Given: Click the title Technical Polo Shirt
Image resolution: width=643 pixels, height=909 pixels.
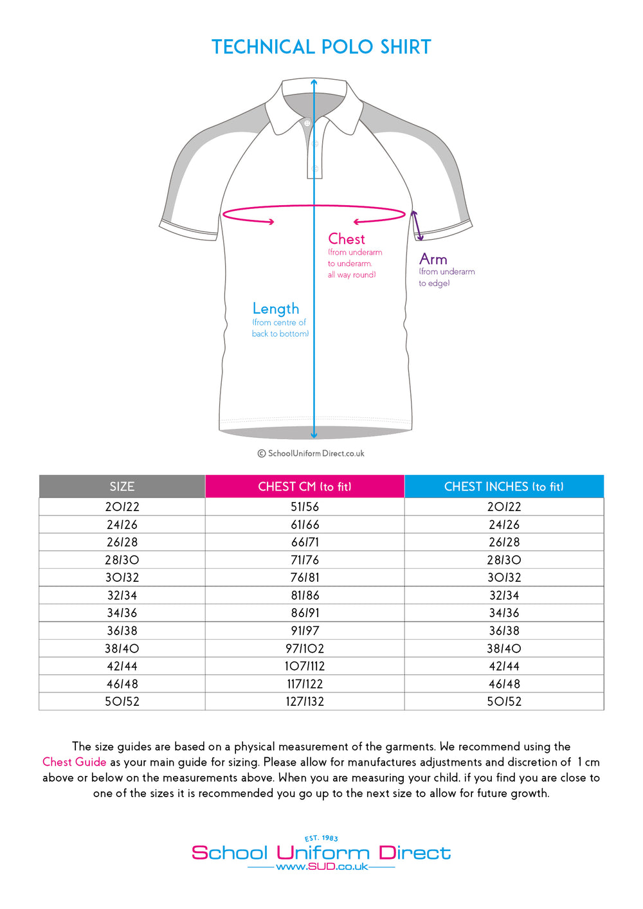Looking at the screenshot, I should (x=321, y=47).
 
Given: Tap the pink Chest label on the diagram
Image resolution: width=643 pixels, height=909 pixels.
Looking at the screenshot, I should (x=347, y=239).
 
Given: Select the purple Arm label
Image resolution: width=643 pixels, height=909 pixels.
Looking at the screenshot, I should (x=433, y=259).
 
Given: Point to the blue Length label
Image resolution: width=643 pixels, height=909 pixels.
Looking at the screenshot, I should (x=276, y=309).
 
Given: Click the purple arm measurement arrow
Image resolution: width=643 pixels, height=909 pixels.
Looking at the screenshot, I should (x=417, y=226).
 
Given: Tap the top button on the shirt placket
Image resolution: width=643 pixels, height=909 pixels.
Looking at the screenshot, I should (x=307, y=123).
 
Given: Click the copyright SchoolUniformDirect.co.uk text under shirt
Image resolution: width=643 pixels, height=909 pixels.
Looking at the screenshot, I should (x=311, y=453).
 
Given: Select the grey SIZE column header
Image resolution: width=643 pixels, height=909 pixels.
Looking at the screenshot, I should (x=122, y=487).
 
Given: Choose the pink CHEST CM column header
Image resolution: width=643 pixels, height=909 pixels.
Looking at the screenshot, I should (x=305, y=487).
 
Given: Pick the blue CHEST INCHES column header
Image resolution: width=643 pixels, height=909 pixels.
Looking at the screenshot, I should (x=504, y=487).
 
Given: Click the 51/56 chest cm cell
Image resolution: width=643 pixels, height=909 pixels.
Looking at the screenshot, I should (x=305, y=507).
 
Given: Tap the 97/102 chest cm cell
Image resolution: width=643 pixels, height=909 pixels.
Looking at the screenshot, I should (x=305, y=649).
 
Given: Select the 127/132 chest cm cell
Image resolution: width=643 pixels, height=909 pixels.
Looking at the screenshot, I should (x=305, y=701).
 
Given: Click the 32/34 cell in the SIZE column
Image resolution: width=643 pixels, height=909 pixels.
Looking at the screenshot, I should (x=122, y=595).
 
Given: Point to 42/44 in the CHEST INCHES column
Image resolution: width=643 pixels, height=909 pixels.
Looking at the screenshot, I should (x=504, y=666).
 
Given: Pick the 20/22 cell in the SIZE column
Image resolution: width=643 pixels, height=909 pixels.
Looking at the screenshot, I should (x=122, y=507).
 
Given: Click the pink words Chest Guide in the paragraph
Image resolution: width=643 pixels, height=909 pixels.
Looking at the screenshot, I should (x=74, y=762).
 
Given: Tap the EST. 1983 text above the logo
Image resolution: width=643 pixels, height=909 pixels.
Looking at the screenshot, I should (x=321, y=838).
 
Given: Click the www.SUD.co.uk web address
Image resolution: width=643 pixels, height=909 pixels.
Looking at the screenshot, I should (x=321, y=867).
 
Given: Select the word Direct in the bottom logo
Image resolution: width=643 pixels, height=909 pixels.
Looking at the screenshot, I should (x=415, y=853).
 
